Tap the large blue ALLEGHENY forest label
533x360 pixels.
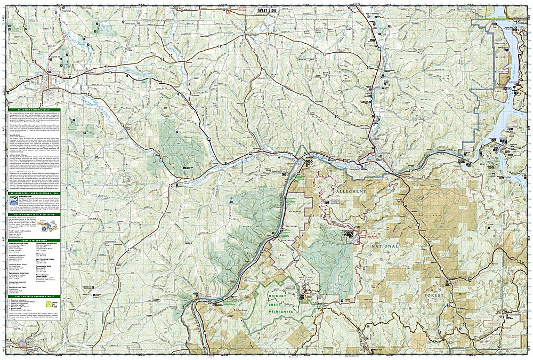pos(350,191)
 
